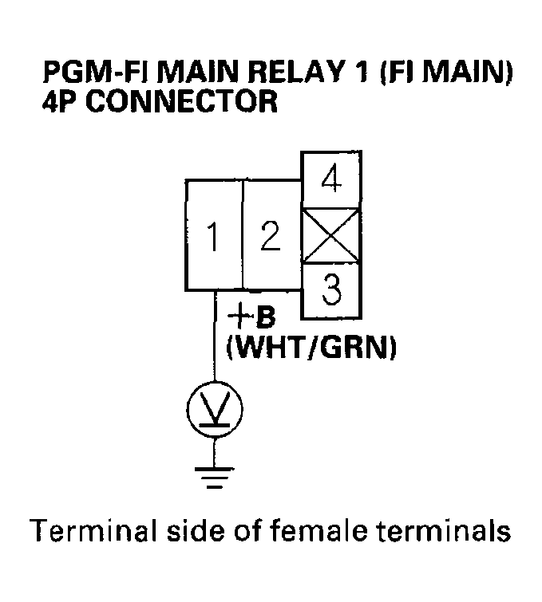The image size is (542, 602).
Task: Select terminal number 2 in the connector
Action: (271, 237)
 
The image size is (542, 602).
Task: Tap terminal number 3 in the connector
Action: (330, 292)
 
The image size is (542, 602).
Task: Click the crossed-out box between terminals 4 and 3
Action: (330, 237)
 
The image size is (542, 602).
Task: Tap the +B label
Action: (251, 317)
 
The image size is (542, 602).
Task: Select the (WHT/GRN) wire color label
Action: (312, 349)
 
